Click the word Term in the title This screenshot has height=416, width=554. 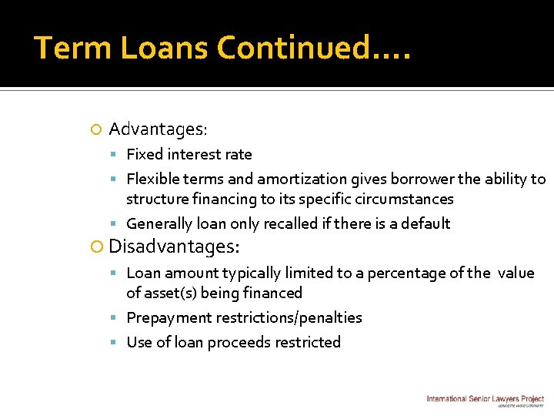coord(66,48)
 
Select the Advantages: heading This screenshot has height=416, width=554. coord(158,129)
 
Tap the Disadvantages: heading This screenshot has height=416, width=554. coord(175,247)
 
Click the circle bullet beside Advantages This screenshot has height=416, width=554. coord(95,129)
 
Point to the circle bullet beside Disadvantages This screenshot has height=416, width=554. coord(97,248)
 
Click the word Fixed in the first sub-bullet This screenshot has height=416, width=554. coord(145,155)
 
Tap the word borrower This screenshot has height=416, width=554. coord(422,179)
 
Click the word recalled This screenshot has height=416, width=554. coord(292,224)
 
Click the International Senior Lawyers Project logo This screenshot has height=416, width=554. coord(485,399)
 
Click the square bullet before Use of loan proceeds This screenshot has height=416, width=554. coord(116,343)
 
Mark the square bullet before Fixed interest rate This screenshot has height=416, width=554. coord(116,155)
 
